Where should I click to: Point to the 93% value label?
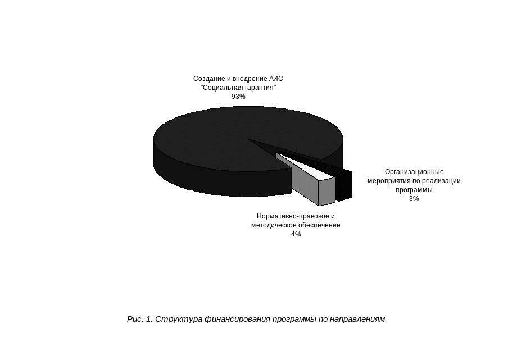coord(238,97)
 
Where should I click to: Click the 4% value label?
coord(296,234)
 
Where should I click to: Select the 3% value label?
coord(414,199)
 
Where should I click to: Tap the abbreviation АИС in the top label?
coord(276,79)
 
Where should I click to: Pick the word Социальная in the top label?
coord(223,88)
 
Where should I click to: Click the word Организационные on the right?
coord(414,172)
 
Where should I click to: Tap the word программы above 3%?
coord(414,190)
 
